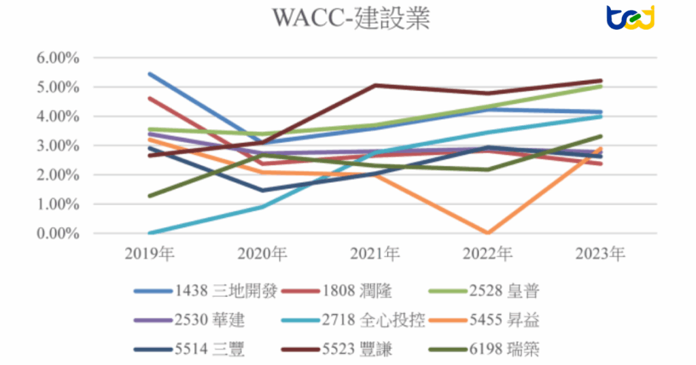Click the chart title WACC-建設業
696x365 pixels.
coord(351,19)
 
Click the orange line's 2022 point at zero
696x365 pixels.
coord(488,232)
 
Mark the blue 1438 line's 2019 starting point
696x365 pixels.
coord(150,73)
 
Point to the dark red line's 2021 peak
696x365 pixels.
coord(376,86)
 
